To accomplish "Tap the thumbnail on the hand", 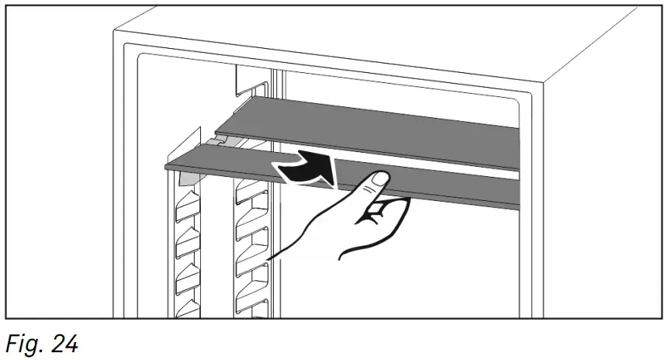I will pos(378,179).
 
